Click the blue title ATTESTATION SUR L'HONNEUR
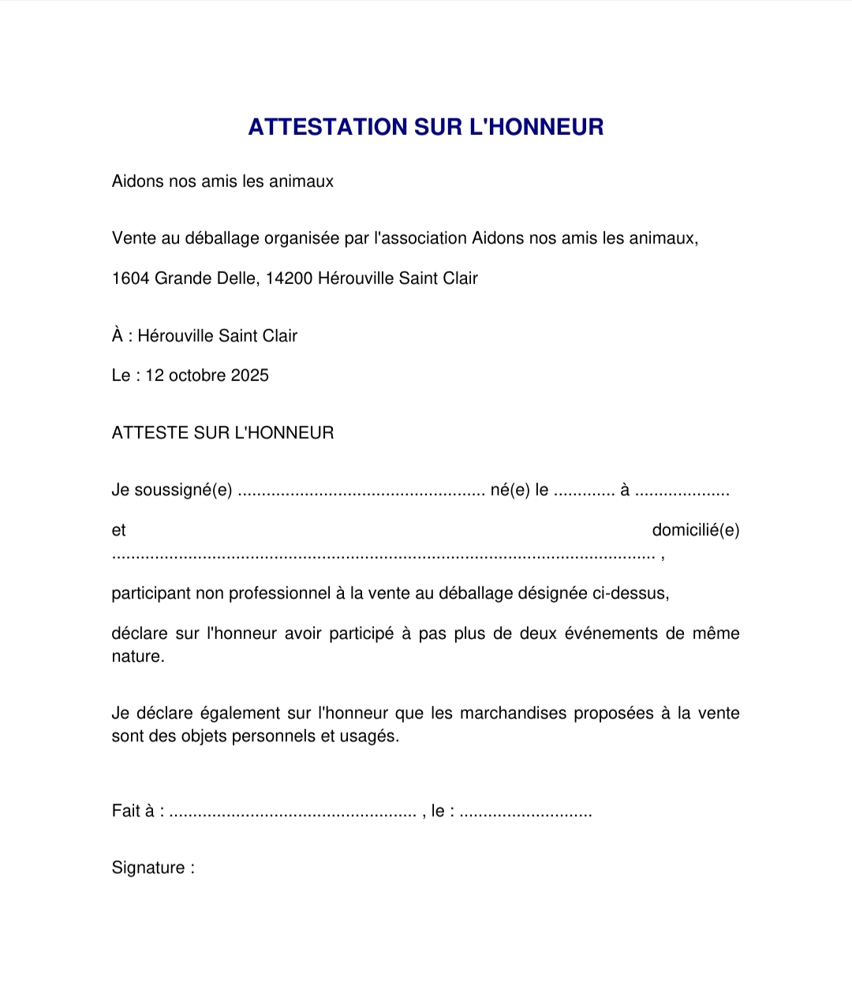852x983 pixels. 426,127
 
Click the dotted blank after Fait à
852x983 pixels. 293,812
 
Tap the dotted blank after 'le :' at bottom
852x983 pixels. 525,812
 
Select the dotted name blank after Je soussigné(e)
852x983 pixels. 361,491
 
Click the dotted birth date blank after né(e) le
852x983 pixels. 584,491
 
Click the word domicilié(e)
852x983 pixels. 696,530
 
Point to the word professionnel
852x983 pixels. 279,593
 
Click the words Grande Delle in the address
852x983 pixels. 205,278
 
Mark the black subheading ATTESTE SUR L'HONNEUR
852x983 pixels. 223,433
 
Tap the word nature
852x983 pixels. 138,656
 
